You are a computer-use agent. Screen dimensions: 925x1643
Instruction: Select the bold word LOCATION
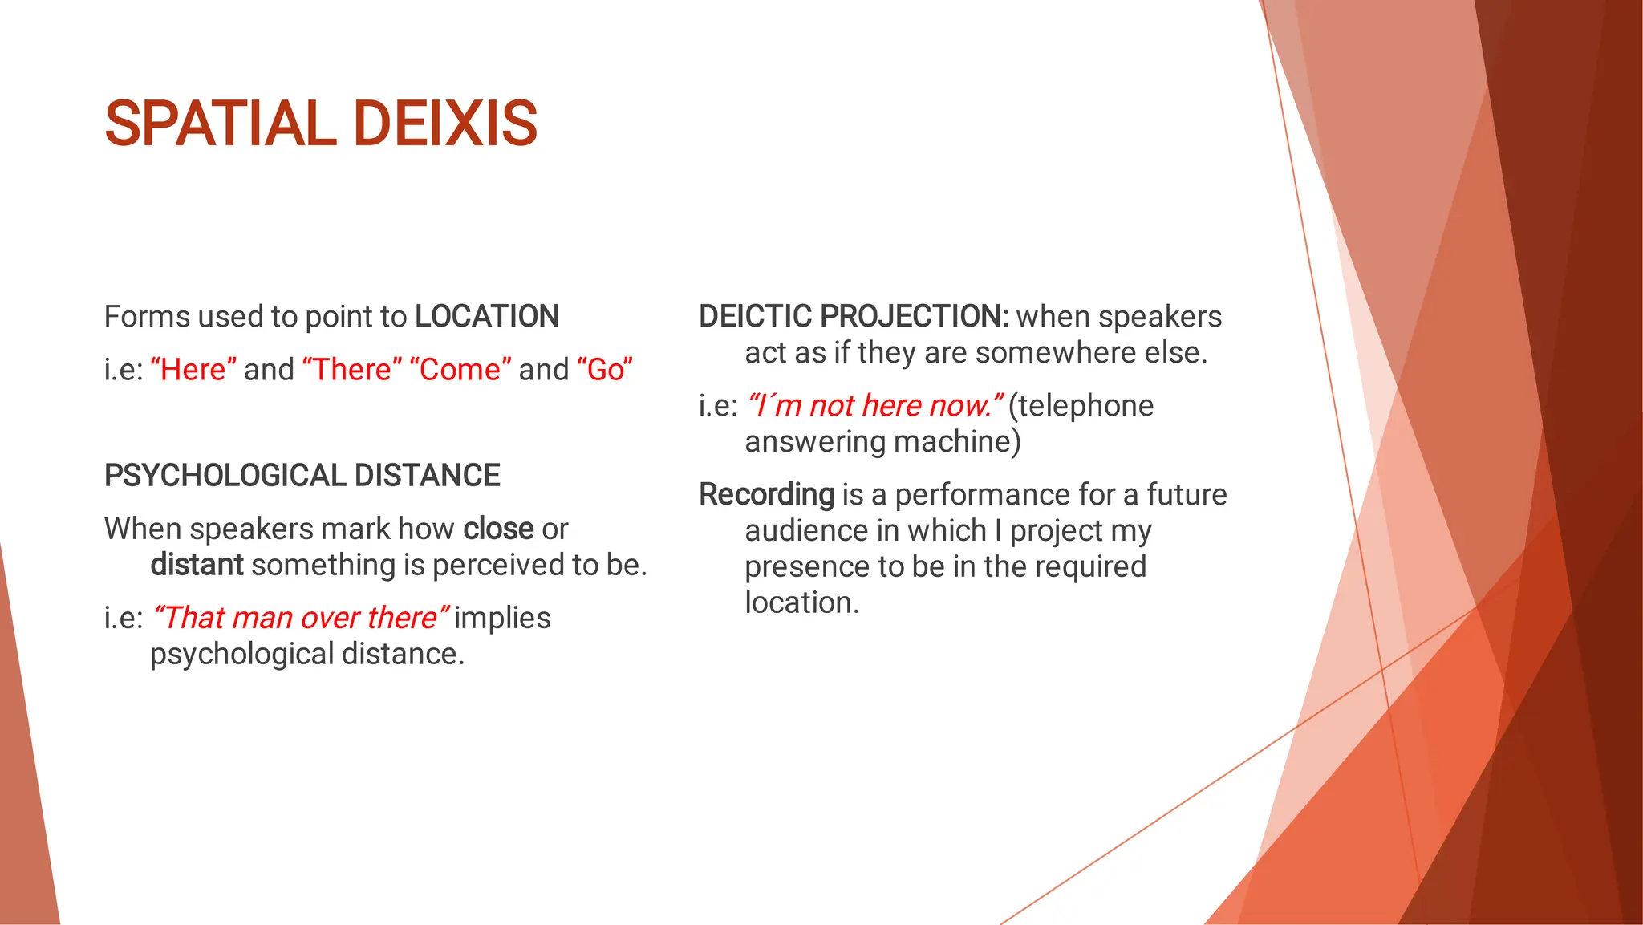pyautogui.click(x=486, y=317)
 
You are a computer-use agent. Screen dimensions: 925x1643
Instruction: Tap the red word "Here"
pyautogui.click(x=193, y=370)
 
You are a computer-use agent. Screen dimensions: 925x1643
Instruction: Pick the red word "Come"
pyautogui.click(x=460, y=370)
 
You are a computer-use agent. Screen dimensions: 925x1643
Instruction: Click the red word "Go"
pyautogui.click(x=605, y=370)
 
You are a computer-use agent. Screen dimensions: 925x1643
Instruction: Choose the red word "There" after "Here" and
pyautogui.click(x=352, y=370)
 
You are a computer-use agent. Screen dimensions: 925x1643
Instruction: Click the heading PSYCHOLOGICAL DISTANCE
pyautogui.click(x=302, y=476)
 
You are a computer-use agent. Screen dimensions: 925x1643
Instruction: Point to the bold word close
pyautogui.click(x=498, y=529)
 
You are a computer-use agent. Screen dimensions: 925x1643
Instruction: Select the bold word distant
pyautogui.click(x=197, y=566)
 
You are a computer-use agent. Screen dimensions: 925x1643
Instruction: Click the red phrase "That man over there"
pyautogui.click(x=300, y=619)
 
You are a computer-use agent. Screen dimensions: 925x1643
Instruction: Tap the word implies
pyautogui.click(x=502, y=619)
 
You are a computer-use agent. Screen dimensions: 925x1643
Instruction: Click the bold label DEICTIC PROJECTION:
pyautogui.click(x=854, y=317)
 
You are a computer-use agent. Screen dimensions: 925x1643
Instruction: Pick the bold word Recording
pyautogui.click(x=767, y=495)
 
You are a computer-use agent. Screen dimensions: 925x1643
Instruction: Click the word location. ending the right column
pyautogui.click(x=801, y=602)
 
